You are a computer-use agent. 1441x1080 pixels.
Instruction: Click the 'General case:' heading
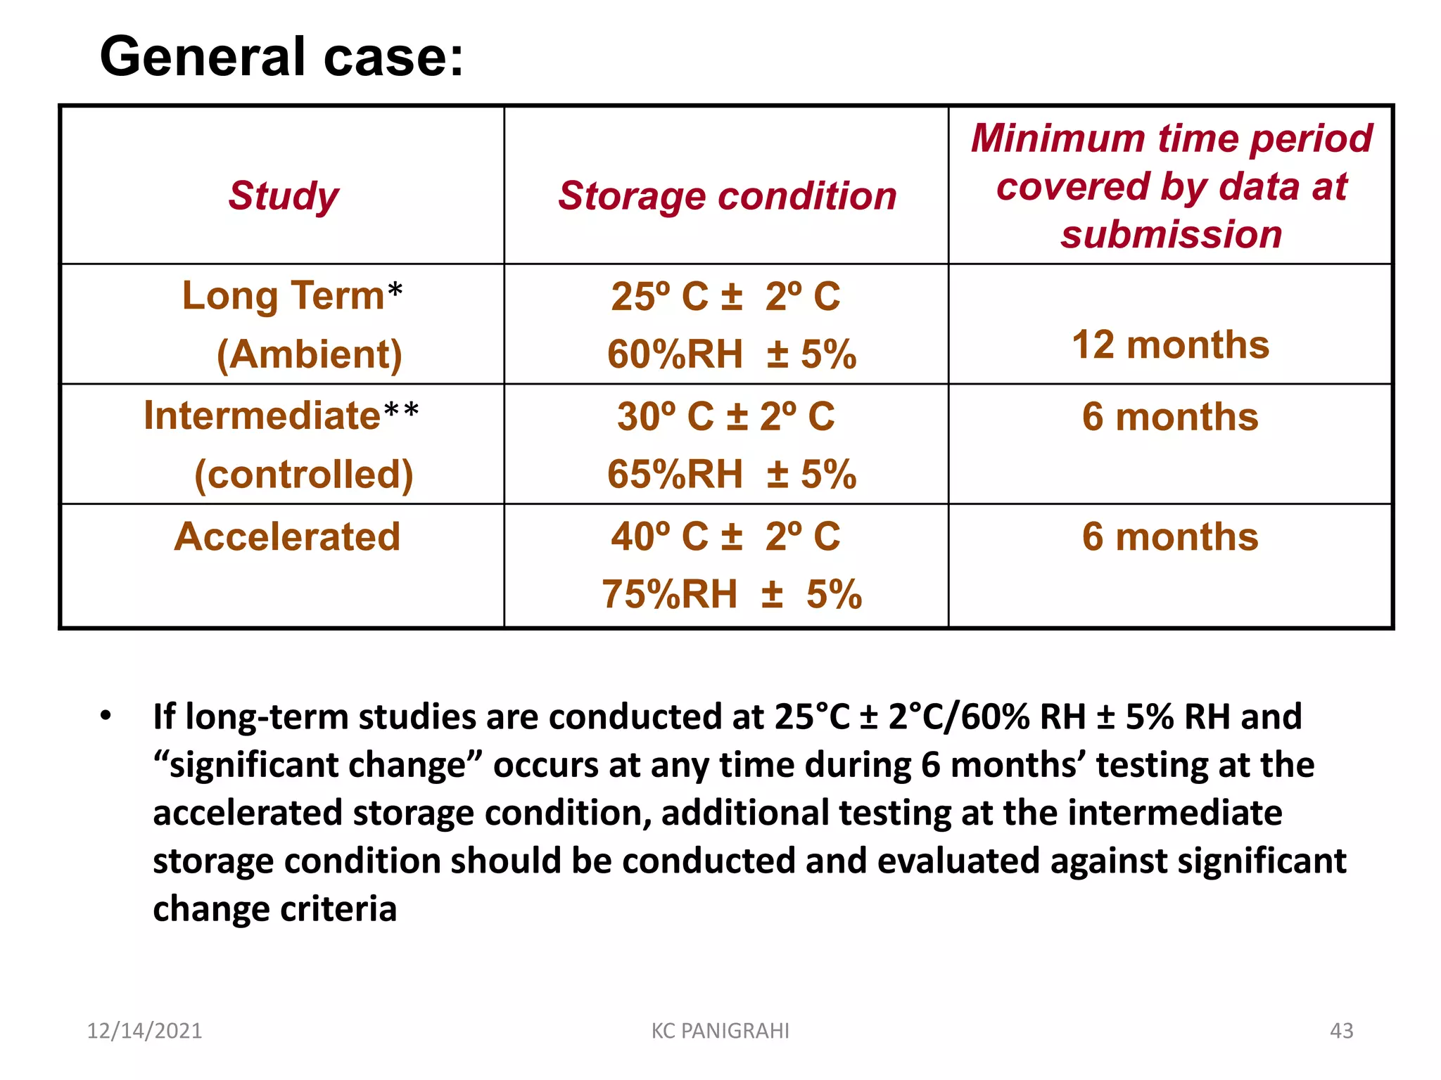pyautogui.click(x=281, y=56)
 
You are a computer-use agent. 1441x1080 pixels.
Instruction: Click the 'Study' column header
pyautogui.click(x=284, y=195)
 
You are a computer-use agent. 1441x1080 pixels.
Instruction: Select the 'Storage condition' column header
pyautogui.click(x=727, y=195)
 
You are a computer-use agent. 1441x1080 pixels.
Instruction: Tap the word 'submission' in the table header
pyautogui.click(x=1172, y=234)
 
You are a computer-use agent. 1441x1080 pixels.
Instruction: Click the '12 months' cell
pyautogui.click(x=1171, y=345)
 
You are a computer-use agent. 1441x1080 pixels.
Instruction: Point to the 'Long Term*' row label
pyautogui.click(x=292, y=295)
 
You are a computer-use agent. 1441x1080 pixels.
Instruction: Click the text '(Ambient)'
pyautogui.click(x=310, y=354)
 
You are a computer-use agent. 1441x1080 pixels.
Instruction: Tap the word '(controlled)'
pyautogui.click(x=304, y=474)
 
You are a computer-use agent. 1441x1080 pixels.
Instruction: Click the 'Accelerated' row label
pyautogui.click(x=287, y=536)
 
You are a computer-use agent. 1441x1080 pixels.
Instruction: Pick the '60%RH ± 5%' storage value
pyautogui.click(x=732, y=354)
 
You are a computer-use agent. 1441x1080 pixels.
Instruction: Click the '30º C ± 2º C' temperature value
pyautogui.click(x=726, y=416)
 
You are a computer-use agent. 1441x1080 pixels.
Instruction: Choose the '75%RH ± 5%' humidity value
pyautogui.click(x=732, y=594)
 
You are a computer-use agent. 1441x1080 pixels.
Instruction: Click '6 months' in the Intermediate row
pyautogui.click(x=1170, y=416)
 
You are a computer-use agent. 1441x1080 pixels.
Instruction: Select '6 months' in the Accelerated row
pyautogui.click(x=1170, y=536)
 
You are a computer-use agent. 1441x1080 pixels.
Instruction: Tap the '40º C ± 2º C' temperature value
pyautogui.click(x=726, y=536)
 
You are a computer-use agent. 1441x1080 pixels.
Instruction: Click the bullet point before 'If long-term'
pyautogui.click(x=106, y=716)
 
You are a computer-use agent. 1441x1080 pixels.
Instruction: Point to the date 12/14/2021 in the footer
pyautogui.click(x=144, y=1031)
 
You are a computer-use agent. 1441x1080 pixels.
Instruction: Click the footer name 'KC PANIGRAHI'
pyautogui.click(x=720, y=1031)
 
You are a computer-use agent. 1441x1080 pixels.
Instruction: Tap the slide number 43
pyautogui.click(x=1341, y=1031)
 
